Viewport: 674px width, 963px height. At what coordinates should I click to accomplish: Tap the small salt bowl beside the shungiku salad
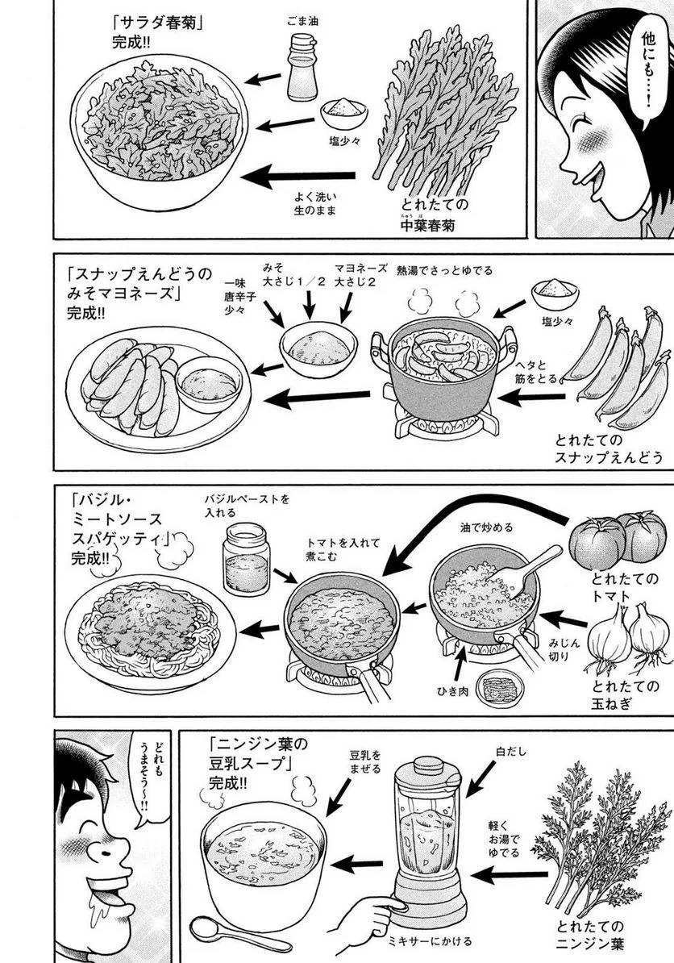(344, 113)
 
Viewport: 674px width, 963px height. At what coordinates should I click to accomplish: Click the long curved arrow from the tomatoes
(476, 532)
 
